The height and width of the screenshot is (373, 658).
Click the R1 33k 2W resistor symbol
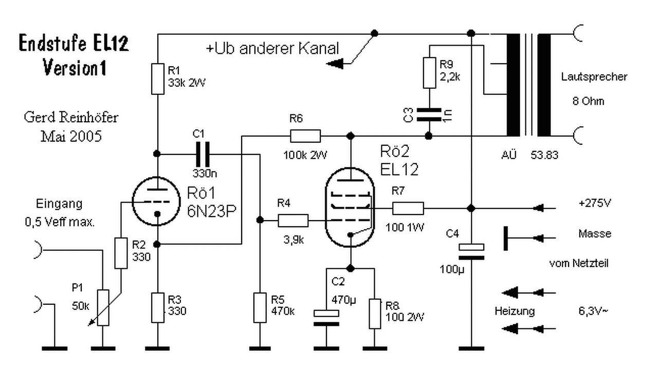158,79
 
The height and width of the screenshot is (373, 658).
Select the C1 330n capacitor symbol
203,154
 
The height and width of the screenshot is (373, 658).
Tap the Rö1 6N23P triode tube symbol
156,201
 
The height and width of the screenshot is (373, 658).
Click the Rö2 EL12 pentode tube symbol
350,207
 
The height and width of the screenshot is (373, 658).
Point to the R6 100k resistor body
305,136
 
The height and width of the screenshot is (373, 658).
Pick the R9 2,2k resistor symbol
429,73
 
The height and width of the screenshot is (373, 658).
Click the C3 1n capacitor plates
429,114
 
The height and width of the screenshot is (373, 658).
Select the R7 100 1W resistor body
408,208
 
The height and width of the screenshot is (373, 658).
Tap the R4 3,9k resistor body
293,221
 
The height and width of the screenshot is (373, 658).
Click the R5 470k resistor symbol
260,308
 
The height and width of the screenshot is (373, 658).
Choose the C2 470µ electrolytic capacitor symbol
326,318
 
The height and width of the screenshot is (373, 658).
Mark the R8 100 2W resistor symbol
375,314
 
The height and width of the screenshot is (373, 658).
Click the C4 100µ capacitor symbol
471,252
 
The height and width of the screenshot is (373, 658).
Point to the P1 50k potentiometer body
103,308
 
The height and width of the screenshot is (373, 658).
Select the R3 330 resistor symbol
158,308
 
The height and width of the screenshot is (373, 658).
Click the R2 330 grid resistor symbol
121,253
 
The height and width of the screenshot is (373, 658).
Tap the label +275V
595,203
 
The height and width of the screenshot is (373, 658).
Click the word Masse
595,234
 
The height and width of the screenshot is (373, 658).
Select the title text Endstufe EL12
74,43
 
